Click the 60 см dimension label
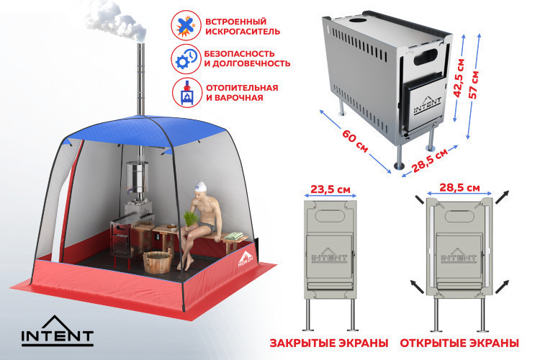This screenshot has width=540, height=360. pos(355,141)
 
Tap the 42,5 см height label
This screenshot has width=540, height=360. pos(459,78)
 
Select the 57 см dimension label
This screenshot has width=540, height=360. pos(474,85)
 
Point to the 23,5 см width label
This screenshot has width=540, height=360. pos(330,189)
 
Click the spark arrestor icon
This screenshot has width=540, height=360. pos(186,25)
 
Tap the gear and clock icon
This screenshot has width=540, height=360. pos(186,59)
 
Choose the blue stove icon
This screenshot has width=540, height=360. pos(186,92)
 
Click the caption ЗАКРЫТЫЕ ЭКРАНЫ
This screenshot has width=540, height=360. pos(329,343)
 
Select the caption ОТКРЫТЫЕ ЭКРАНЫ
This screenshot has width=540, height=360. pos(459,343)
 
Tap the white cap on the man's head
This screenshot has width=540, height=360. pos(200,186)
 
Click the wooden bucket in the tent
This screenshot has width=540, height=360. pos(157,262)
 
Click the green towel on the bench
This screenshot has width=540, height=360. pos(234,236)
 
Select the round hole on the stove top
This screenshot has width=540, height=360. pos(357,20)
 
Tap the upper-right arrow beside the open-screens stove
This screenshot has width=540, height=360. pos(502,197)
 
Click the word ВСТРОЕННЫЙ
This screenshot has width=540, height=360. pos(236,22)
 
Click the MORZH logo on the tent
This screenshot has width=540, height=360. pos(246,259)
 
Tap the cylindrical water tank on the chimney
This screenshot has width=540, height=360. pos(137,177)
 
